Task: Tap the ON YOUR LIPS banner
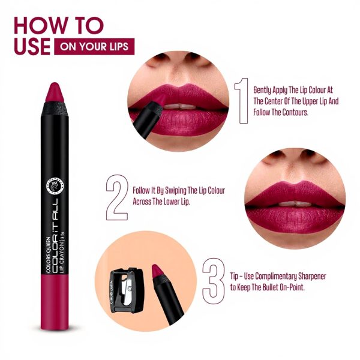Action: (94, 47)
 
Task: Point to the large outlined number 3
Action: (214, 279)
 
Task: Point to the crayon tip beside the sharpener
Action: (159, 273)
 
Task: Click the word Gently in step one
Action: (264, 88)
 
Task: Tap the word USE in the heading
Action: (31, 47)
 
